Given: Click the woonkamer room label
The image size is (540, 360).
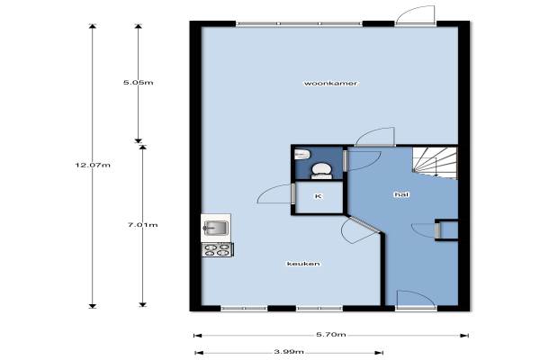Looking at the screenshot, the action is click(330, 84).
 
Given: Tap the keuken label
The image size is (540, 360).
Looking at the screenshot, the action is click(303, 264).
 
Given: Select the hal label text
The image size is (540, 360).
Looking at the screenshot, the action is click(401, 194).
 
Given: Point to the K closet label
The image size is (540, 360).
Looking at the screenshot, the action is click(319, 196).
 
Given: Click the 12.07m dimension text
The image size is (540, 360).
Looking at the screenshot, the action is click(93, 165).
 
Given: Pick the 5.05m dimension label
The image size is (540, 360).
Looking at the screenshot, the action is click(138, 83).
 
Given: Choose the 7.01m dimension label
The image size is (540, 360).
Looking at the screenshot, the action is click(142, 225).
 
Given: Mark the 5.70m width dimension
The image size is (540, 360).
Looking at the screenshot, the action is click(331, 335).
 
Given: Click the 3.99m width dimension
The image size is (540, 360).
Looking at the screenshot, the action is click(289, 352).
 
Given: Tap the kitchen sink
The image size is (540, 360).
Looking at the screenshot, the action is click(216, 228).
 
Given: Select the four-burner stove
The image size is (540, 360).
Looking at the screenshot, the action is click(217, 250).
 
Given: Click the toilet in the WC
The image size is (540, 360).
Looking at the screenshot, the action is click(322, 171).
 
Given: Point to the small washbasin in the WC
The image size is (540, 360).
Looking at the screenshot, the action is click(302, 154).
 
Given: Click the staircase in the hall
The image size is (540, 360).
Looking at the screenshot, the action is click(435, 163).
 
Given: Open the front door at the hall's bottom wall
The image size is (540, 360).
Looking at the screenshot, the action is click(416, 298).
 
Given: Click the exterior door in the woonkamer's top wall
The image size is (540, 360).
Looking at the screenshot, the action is click(415, 14).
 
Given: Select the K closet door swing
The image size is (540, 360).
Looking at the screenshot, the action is click(274, 194).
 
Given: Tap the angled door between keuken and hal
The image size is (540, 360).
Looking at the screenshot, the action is click(360, 229).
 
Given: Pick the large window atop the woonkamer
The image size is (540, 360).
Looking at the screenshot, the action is click(299, 23).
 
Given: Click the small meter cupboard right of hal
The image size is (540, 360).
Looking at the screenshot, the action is click(446, 229).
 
